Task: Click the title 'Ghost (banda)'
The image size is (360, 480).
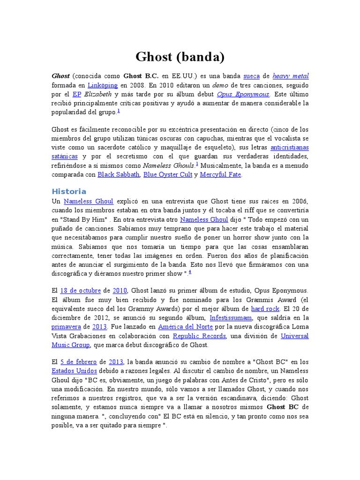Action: point(180,57)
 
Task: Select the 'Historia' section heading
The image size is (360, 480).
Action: point(68,191)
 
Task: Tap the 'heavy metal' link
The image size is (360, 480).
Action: point(291,76)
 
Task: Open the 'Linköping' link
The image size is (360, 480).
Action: point(103,85)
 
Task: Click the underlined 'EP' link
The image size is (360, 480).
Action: point(77,94)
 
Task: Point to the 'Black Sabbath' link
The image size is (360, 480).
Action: point(119,174)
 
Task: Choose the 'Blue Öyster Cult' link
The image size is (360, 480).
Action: point(167,174)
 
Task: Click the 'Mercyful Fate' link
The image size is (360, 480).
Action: point(220,174)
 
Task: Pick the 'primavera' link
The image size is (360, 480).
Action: point(66,326)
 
